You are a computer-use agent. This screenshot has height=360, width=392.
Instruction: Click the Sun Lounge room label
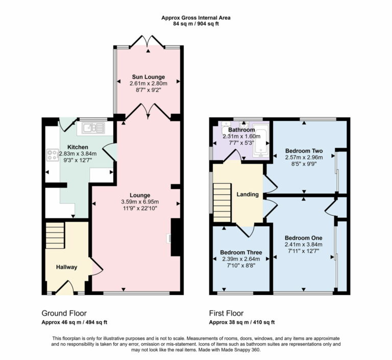(147, 77)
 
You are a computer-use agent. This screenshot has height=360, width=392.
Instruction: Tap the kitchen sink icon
(91, 128)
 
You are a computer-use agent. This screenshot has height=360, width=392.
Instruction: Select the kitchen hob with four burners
(52, 155)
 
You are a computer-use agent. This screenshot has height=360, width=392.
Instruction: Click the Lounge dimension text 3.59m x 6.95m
(139, 201)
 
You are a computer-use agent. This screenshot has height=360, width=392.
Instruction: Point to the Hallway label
(66, 267)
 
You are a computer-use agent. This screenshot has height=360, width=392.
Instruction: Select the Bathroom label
(242, 130)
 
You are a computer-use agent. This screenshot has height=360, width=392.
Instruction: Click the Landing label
(247, 194)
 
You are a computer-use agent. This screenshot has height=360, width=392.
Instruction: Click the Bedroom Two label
(304, 151)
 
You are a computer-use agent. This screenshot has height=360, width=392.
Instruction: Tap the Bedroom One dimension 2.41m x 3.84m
(304, 244)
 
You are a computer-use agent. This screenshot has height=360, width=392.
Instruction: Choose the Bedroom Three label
(241, 252)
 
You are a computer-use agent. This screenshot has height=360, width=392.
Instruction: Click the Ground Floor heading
(64, 313)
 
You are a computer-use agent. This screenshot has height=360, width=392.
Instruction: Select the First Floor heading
(226, 313)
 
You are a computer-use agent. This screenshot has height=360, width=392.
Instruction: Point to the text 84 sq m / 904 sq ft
(196, 23)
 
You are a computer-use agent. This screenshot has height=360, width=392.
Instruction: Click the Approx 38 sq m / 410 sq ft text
(242, 322)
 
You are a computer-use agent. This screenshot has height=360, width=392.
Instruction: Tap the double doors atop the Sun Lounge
(147, 42)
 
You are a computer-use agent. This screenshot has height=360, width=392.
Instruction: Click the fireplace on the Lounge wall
(176, 237)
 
